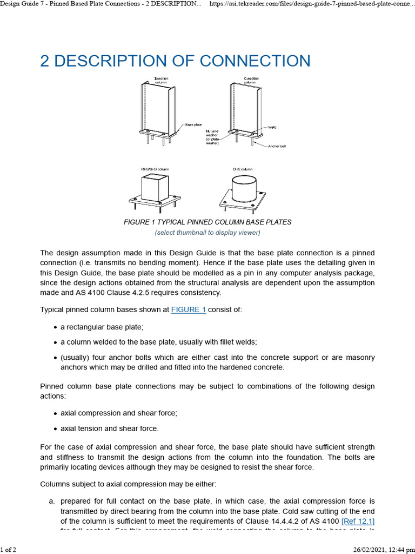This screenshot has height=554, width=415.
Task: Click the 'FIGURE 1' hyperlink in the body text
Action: [189, 310]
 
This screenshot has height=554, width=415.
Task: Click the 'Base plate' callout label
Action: [194, 124]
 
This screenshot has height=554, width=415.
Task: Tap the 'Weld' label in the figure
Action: [272, 127]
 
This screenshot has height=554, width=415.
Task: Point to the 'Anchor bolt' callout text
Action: [278, 146]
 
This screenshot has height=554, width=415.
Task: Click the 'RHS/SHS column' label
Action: [156, 169]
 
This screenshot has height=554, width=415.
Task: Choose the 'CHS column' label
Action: [243, 169]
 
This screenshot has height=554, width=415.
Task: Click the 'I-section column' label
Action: [161, 81]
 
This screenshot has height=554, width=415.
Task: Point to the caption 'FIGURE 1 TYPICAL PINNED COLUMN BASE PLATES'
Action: [207, 222]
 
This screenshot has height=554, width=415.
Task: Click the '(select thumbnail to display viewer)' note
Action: [207, 233]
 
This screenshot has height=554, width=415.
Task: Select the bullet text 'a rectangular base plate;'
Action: [102, 327]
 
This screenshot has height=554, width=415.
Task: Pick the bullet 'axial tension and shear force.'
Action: [110, 428]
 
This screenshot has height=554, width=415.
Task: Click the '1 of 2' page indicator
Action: [8, 550]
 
